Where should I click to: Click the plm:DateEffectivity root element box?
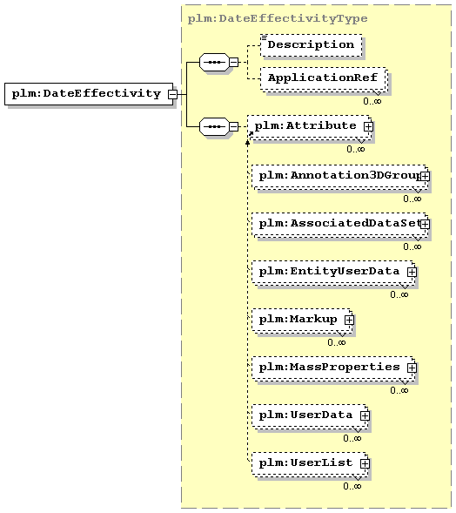[x=89, y=94]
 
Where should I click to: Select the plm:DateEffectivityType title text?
[x=278, y=18]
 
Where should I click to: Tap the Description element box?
[x=312, y=45]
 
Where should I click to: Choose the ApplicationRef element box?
[x=324, y=78]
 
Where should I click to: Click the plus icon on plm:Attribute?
[x=368, y=126]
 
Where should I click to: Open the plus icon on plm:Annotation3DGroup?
[x=425, y=176]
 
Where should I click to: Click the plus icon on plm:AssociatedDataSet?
[x=425, y=224]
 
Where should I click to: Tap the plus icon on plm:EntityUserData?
[x=412, y=272]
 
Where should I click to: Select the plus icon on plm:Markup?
[x=349, y=320]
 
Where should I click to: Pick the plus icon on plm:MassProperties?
[x=412, y=368]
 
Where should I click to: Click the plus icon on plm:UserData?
[x=365, y=415]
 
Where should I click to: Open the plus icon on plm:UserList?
[x=365, y=463]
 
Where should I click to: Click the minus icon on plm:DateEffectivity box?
[x=172, y=95]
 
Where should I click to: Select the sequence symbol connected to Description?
[x=214, y=62]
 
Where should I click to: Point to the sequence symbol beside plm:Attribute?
[x=214, y=126]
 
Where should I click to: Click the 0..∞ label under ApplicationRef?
[x=372, y=101]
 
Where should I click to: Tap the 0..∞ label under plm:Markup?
[x=337, y=342]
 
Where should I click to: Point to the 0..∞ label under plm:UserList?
[x=352, y=486]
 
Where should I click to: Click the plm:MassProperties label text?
[x=329, y=367]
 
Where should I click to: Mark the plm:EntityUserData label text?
[x=329, y=271]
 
